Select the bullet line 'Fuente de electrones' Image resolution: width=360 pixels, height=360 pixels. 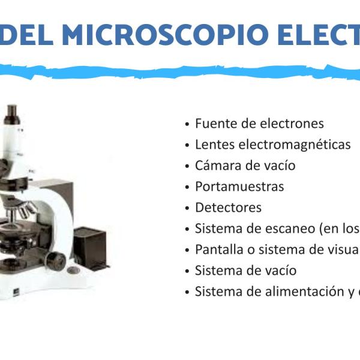pyautogui.click(x=259, y=124)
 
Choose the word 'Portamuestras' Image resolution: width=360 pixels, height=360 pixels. pyautogui.click(x=239, y=186)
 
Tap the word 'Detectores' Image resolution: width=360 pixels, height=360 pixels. pyautogui.click(x=228, y=208)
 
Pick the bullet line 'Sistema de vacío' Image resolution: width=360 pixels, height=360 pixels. pyautogui.click(x=245, y=271)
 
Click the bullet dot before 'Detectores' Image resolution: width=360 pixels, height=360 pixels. pyautogui.click(x=188, y=208)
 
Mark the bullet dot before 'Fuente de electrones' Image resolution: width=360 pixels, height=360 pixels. pyautogui.click(x=188, y=124)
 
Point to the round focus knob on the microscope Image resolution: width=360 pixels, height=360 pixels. pyautogui.click(x=56, y=262)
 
